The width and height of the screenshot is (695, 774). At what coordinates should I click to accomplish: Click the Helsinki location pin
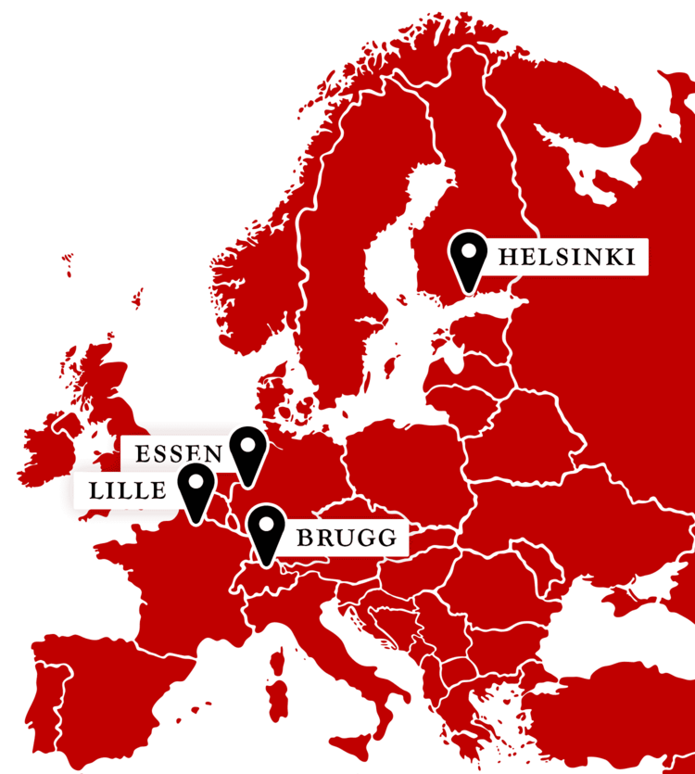click(x=469, y=259)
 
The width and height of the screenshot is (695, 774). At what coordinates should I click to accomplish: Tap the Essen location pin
click(x=247, y=454)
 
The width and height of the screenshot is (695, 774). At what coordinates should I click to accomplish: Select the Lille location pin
click(x=196, y=491)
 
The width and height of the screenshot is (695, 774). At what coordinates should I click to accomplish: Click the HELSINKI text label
click(x=566, y=257)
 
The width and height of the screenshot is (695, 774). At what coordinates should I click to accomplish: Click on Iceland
click(x=68, y=264)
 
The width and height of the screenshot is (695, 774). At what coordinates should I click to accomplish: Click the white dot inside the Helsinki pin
click(x=469, y=250)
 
